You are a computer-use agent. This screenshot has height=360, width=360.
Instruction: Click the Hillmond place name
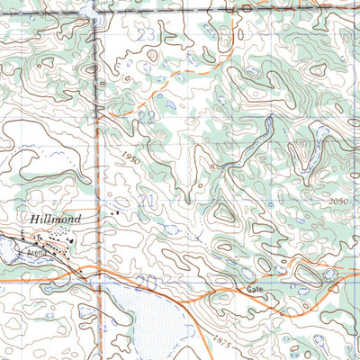pos(56,219)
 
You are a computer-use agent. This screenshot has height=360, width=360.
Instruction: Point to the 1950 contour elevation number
pos(131,157)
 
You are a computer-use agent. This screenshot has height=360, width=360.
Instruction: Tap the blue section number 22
pos(146,117)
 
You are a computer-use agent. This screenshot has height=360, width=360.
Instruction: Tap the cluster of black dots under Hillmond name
pos(58,236)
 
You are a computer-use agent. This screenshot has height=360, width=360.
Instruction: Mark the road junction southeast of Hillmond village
pos(93,269)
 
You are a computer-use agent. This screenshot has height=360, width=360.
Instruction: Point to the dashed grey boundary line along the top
pos(225,11)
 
